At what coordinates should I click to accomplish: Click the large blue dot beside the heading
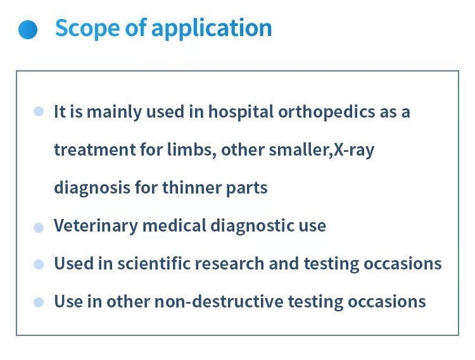coord(28,30)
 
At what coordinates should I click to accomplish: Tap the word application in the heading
coord(212,28)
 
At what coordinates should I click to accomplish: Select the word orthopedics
coord(327,112)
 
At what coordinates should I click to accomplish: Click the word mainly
coord(114,112)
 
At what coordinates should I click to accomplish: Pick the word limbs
coord(192,149)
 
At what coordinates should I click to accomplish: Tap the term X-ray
coord(354,150)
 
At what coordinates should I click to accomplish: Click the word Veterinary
coord(96,226)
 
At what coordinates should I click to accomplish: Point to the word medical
coord(174,225)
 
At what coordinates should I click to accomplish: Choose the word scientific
coord(154,263)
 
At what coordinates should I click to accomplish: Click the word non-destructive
coord(218,301)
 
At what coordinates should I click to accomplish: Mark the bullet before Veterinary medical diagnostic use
coord(39,228)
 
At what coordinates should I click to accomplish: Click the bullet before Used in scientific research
coord(39,264)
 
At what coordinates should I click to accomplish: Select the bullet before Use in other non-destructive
coord(39,302)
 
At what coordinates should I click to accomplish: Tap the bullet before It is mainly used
coord(39,111)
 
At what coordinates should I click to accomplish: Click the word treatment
coord(94,150)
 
